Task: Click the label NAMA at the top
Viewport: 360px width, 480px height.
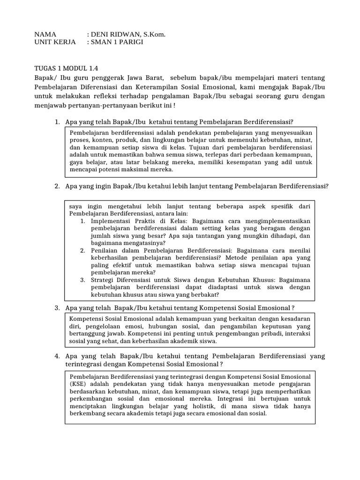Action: coord(45,34)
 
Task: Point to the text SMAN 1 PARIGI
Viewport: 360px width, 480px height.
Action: coord(117,42)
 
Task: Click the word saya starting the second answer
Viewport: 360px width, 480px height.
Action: coord(75,206)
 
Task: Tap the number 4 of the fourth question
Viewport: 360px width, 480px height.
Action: coord(56,356)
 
